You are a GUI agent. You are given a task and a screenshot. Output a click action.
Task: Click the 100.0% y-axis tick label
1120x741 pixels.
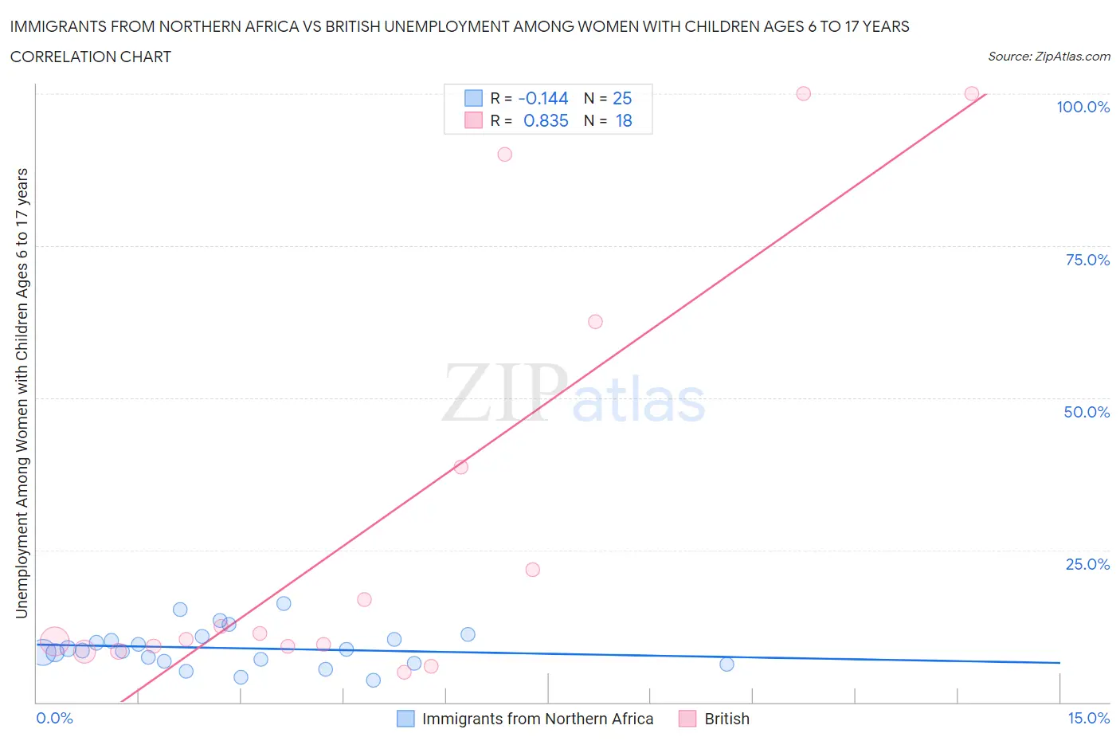pyautogui.click(x=1083, y=107)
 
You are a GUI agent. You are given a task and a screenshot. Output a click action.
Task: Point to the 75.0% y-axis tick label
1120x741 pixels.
pyautogui.click(x=1087, y=260)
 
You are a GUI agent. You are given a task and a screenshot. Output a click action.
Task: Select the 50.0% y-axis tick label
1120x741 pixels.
pyautogui.click(x=1087, y=412)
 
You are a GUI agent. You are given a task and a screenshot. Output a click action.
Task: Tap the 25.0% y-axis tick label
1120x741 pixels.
pyautogui.click(x=1087, y=564)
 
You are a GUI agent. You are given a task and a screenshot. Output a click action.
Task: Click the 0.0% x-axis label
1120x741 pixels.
pyautogui.click(x=54, y=718)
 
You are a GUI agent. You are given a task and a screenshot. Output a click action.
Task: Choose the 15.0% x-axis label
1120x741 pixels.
pyautogui.click(x=1088, y=718)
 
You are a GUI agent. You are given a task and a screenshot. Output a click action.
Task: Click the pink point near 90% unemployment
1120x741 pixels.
pyautogui.click(x=504, y=155)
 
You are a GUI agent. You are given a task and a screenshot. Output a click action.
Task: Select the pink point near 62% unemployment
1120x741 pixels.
pyautogui.click(x=595, y=322)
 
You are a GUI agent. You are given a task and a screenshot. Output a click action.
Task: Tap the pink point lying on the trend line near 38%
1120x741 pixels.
pyautogui.click(x=460, y=467)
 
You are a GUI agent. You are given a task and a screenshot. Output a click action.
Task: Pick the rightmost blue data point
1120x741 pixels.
pyautogui.click(x=726, y=665)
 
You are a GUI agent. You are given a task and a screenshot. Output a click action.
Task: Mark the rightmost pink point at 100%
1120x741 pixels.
pyautogui.click(x=972, y=94)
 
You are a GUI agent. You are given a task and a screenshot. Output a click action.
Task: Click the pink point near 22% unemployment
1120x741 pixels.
pyautogui.click(x=533, y=570)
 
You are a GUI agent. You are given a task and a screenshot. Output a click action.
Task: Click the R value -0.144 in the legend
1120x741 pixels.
pyautogui.click(x=542, y=98)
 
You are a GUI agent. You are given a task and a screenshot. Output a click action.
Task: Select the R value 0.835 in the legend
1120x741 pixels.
pyautogui.click(x=546, y=120)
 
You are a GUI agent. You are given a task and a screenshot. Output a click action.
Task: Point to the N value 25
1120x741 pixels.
pyautogui.click(x=622, y=98)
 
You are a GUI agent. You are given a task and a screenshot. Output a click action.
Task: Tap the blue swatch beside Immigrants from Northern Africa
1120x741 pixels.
pyautogui.click(x=405, y=719)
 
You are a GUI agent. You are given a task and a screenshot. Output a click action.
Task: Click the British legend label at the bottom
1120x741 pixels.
pyautogui.click(x=726, y=719)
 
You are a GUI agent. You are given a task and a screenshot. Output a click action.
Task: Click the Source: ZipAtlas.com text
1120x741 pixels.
pyautogui.click(x=1048, y=57)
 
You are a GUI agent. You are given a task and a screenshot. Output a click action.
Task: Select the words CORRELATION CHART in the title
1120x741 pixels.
pyautogui.click(x=91, y=57)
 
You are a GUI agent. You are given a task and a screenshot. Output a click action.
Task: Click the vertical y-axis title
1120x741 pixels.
pyautogui.click(x=22, y=394)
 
